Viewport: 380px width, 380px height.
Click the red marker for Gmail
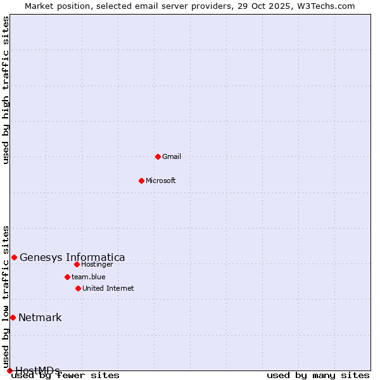pyautogui.click(x=158, y=156)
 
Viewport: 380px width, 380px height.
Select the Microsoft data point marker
pyautogui.click(x=142, y=180)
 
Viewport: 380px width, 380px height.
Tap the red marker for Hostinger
pyautogui.click(x=77, y=264)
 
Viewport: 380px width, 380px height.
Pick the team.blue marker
pyautogui.click(x=67, y=277)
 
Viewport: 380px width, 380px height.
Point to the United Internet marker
pyautogui.click(x=78, y=288)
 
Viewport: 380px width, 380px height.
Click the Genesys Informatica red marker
pyautogui.click(x=14, y=257)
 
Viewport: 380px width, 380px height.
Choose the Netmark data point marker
pyautogui.click(x=13, y=317)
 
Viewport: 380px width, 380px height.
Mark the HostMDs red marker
pyautogui.click(x=9, y=370)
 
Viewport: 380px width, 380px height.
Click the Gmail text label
pyautogui.click(x=172, y=156)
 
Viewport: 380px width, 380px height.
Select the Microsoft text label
pyautogui.click(x=161, y=180)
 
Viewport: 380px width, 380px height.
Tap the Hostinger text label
pyautogui.click(x=97, y=264)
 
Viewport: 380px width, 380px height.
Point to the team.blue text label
pyautogui.click(x=89, y=277)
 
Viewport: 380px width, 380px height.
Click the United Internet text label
pyautogui.click(x=108, y=288)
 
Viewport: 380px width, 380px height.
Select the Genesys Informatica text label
pyautogui.click(x=72, y=257)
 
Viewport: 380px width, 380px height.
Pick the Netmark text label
pyautogui.click(x=40, y=317)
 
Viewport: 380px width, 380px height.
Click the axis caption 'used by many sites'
pyautogui.click(x=318, y=376)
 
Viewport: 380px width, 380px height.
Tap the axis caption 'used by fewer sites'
pyautogui.click(x=66, y=376)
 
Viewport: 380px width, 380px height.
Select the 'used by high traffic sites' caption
pyautogui.click(x=6, y=90)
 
